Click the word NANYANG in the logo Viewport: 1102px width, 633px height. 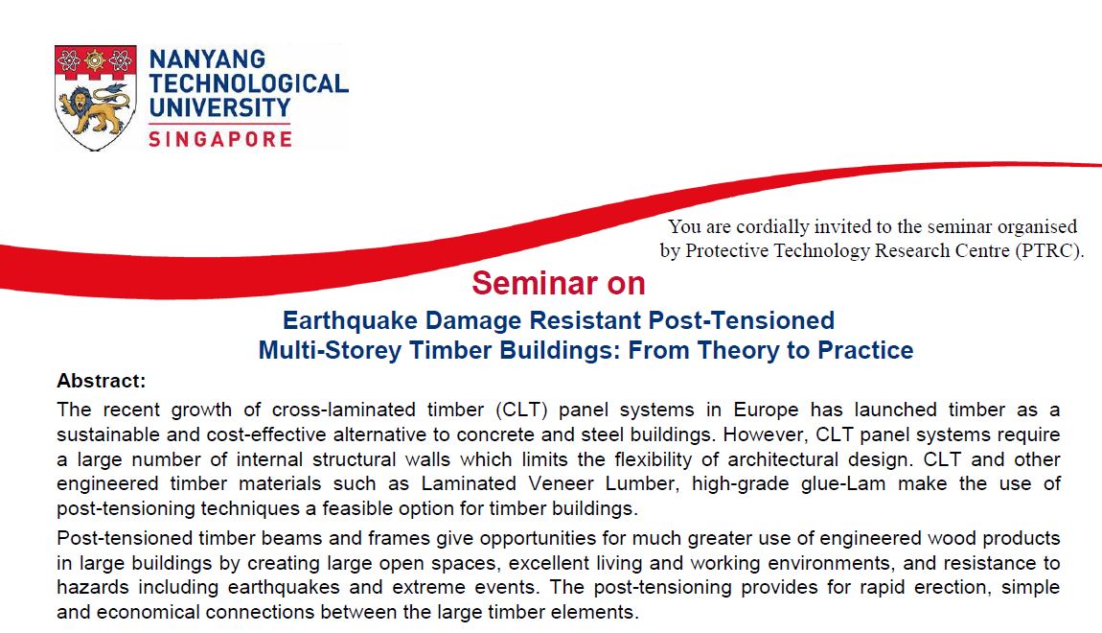pos(207,59)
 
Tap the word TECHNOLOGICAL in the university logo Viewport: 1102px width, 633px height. pos(249,83)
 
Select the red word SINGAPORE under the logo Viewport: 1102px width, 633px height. pos(220,138)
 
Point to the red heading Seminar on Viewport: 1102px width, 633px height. pos(559,284)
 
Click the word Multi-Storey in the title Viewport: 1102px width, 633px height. pos(330,350)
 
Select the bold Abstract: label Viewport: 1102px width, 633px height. pos(102,381)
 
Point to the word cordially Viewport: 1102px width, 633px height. pos(771,226)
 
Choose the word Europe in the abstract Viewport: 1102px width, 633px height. pos(766,410)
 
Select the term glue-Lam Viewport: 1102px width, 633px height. pos(843,484)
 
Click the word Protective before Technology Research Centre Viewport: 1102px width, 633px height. pos(726,250)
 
